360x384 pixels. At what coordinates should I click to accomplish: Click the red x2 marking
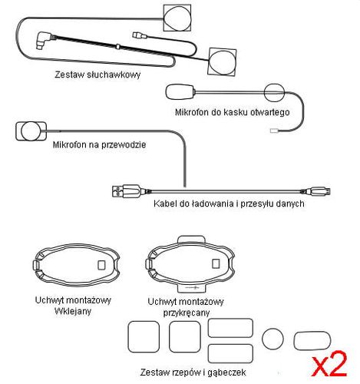pyautogui.click(x=330, y=363)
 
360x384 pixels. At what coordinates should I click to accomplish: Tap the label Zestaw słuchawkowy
pyautogui.click(x=97, y=74)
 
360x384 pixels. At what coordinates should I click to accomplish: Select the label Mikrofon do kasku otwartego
pyautogui.click(x=233, y=112)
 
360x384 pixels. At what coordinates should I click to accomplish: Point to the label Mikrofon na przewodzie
pyautogui.click(x=99, y=144)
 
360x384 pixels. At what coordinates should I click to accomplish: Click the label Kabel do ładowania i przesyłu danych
pyautogui.click(x=229, y=204)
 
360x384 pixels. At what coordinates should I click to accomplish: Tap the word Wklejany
pyautogui.click(x=73, y=311)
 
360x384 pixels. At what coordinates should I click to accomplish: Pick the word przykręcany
pyautogui.click(x=187, y=313)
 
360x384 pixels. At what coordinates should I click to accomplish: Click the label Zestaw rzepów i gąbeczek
pyautogui.click(x=193, y=372)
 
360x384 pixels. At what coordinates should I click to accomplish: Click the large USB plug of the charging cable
pyautogui.click(x=126, y=191)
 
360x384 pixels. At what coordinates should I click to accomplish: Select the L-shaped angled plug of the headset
pyautogui.click(x=44, y=40)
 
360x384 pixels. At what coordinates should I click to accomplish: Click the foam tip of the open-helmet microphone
pyautogui.click(x=180, y=92)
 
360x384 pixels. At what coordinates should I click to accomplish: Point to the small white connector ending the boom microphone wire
pyautogui.click(x=274, y=131)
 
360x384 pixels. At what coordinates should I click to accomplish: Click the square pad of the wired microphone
pyautogui.click(x=31, y=131)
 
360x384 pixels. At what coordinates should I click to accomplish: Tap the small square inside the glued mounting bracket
pyautogui.click(x=102, y=265)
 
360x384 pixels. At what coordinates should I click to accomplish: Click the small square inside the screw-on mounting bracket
pyautogui.click(x=216, y=263)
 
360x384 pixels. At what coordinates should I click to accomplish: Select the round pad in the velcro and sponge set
pyautogui.click(x=272, y=339)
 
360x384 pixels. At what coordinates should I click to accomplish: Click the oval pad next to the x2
pyautogui.click(x=312, y=340)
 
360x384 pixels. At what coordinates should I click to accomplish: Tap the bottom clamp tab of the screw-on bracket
pyautogui.click(x=191, y=288)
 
